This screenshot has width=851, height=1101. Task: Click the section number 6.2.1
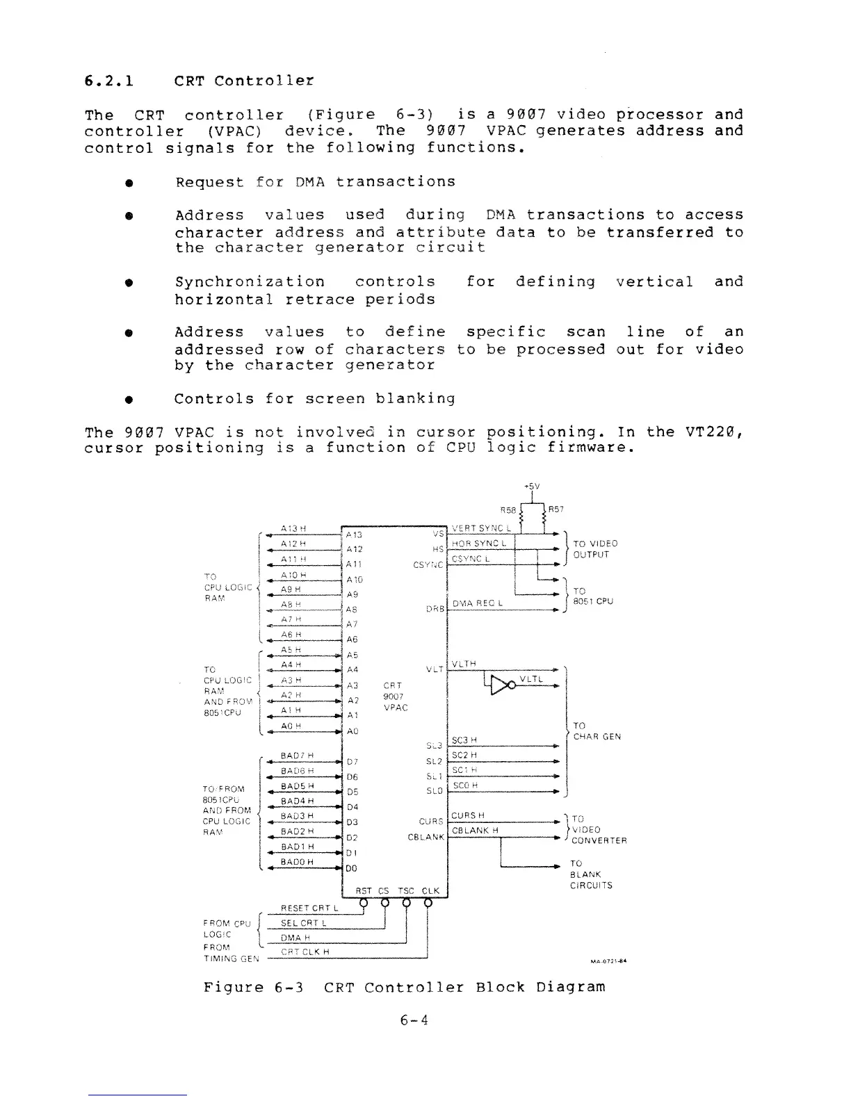pyautogui.click(x=108, y=81)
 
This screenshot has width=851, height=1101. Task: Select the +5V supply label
pyautogui.click(x=532, y=487)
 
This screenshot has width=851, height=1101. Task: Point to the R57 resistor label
pyautogui.click(x=556, y=509)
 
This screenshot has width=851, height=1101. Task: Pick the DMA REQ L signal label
pyautogui.click(x=478, y=604)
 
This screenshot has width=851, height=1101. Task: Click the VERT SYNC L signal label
pyautogui.click(x=481, y=527)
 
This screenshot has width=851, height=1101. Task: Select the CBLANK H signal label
pyautogui.click(x=475, y=831)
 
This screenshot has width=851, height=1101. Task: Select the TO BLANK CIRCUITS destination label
pyautogui.click(x=590, y=874)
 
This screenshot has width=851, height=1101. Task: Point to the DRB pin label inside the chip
pyautogui.click(x=435, y=610)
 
